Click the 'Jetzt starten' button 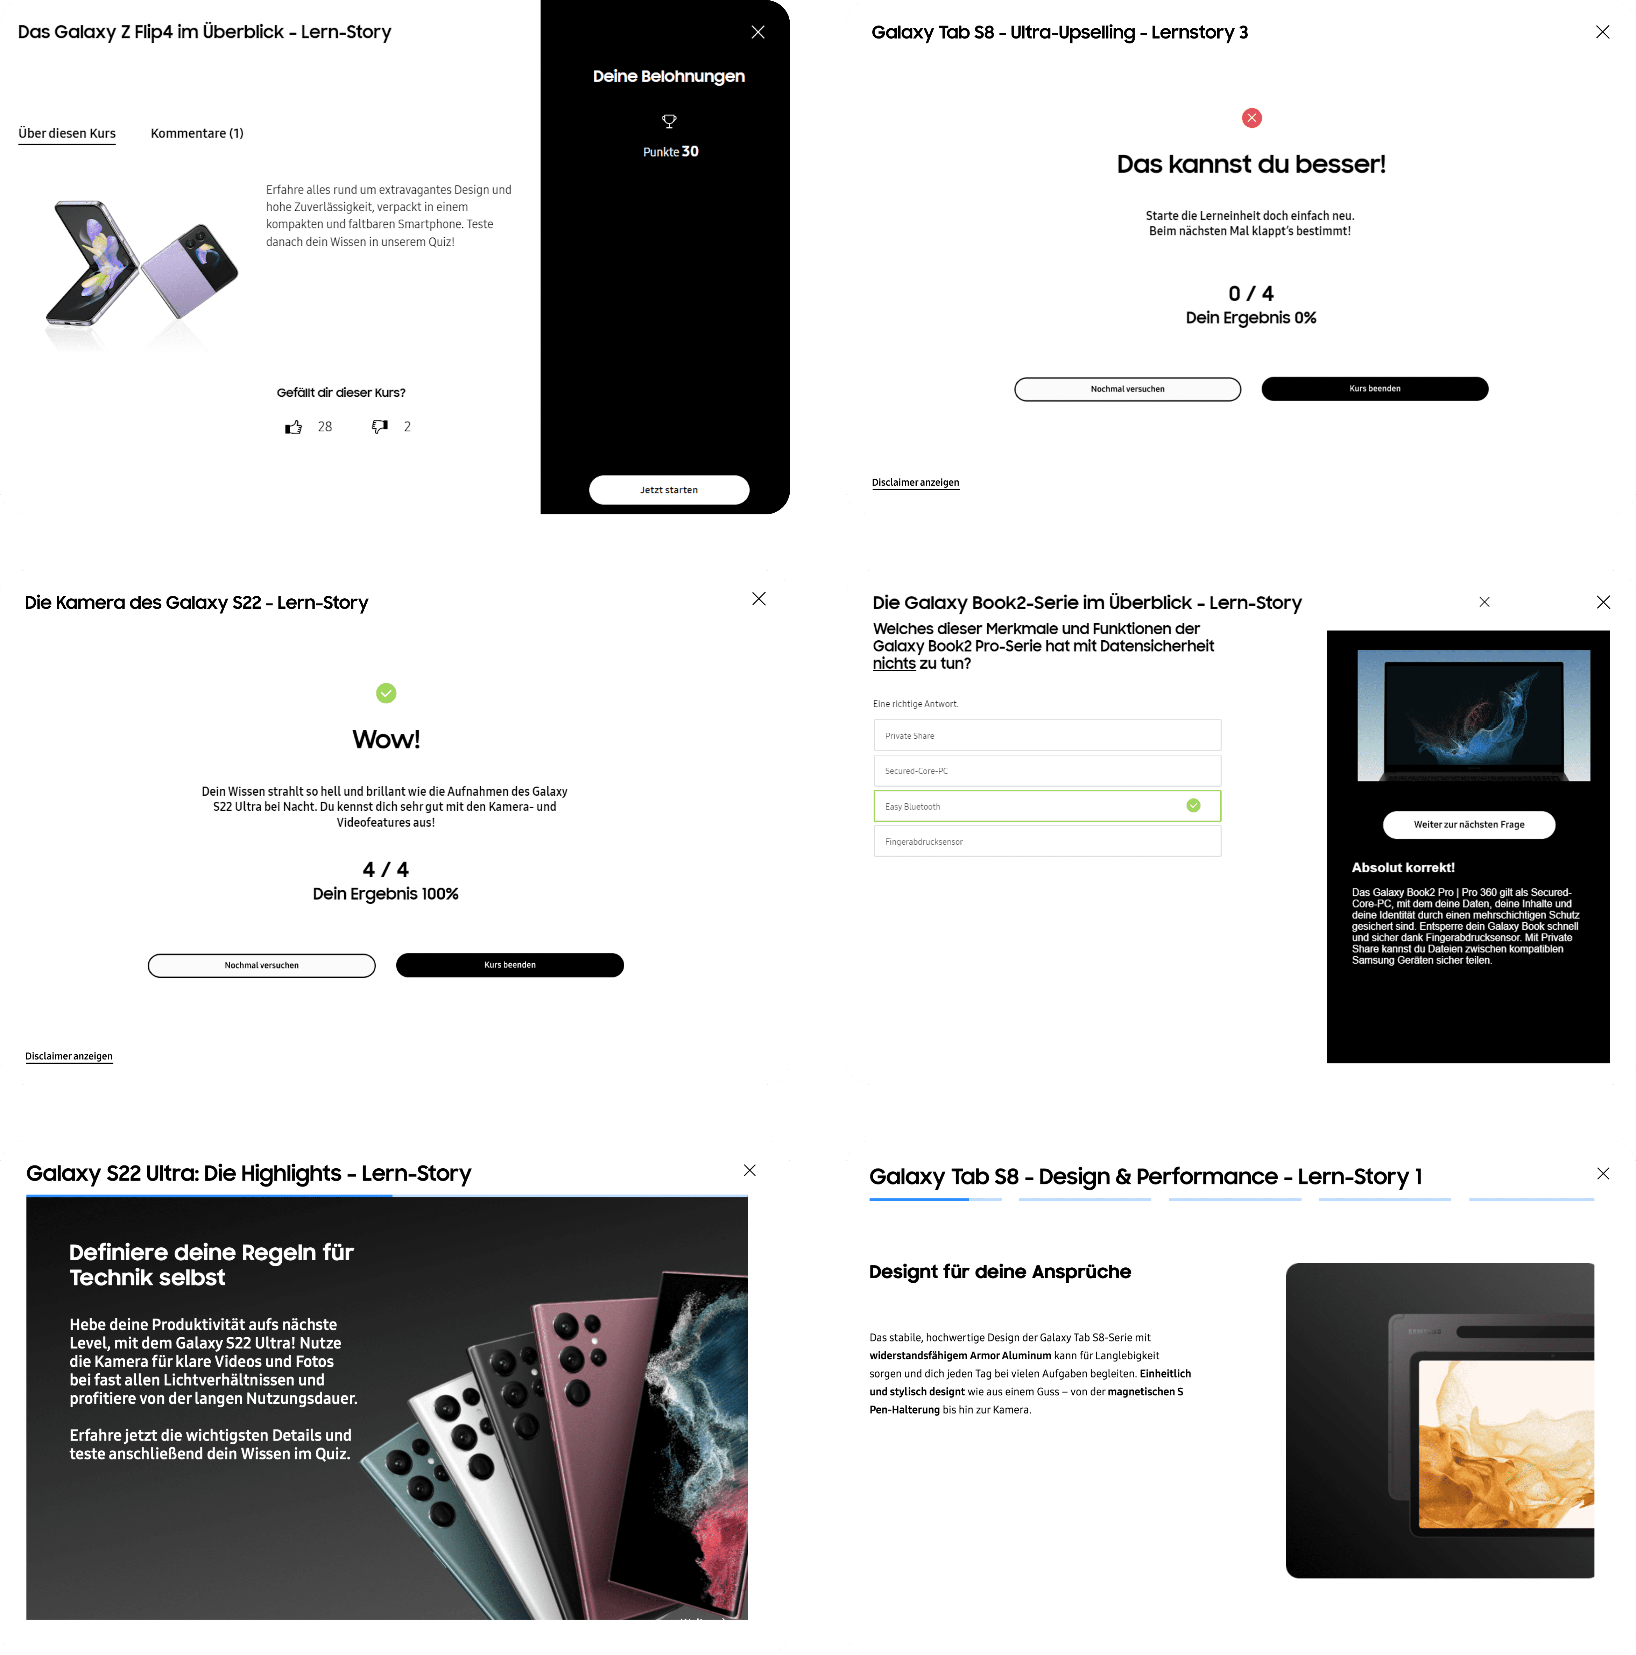click(x=669, y=490)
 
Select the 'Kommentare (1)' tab click(x=197, y=134)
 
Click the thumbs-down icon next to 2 click(x=380, y=427)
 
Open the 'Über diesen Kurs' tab click(x=67, y=134)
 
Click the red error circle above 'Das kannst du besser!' click(x=1251, y=118)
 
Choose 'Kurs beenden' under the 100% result click(x=510, y=965)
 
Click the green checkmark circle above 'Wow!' click(x=386, y=693)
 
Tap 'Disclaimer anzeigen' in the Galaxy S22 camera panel click(x=69, y=1056)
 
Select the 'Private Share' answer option click(x=1047, y=736)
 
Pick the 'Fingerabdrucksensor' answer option click(x=1047, y=842)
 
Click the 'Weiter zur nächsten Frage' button click(x=1469, y=825)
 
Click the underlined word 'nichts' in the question click(x=893, y=664)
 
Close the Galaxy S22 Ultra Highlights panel click(x=749, y=1170)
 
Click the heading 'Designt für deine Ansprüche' click(x=1000, y=1272)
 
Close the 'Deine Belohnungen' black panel click(x=758, y=32)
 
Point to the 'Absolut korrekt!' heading click(x=1403, y=868)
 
